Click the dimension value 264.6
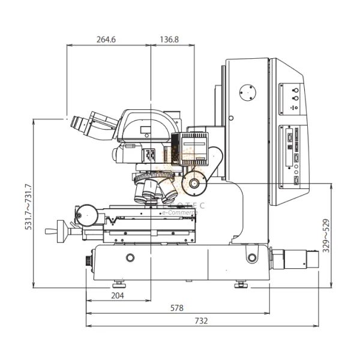tap(106, 40)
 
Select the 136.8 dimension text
tap(169, 40)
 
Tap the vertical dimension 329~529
tap(326, 236)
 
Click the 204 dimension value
tap(118, 295)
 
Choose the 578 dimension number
tap(177, 308)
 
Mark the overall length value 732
tap(201, 321)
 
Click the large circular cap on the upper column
tap(247, 93)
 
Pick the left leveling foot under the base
tap(118, 283)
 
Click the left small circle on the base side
tap(130, 257)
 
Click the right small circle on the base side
tap(251, 258)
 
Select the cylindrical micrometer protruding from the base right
tap(294, 259)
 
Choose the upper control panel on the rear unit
tap(292, 96)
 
